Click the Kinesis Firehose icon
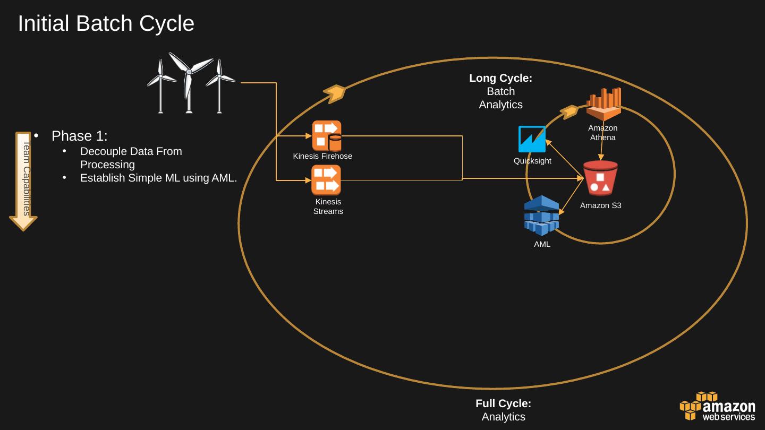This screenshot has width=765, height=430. (326, 136)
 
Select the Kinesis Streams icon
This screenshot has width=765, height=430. (326, 180)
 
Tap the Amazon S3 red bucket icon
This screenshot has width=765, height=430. (600, 178)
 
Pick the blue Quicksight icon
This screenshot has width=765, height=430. (532, 139)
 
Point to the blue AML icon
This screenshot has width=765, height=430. (541, 216)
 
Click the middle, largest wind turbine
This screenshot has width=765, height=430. (189, 82)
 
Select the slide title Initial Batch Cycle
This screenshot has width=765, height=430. (106, 24)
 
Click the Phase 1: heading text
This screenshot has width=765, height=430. (80, 136)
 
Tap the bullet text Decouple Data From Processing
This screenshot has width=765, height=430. (131, 158)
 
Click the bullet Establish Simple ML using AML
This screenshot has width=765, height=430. (158, 178)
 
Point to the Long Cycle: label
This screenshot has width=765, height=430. (500, 78)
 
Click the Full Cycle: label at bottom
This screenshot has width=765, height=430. (503, 403)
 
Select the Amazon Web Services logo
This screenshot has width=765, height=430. (717, 407)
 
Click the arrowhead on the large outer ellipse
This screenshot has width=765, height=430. (335, 93)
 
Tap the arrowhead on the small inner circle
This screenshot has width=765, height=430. (569, 111)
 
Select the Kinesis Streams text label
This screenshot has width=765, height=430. (328, 207)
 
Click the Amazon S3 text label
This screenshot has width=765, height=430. (600, 205)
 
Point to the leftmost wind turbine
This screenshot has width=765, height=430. (160, 85)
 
